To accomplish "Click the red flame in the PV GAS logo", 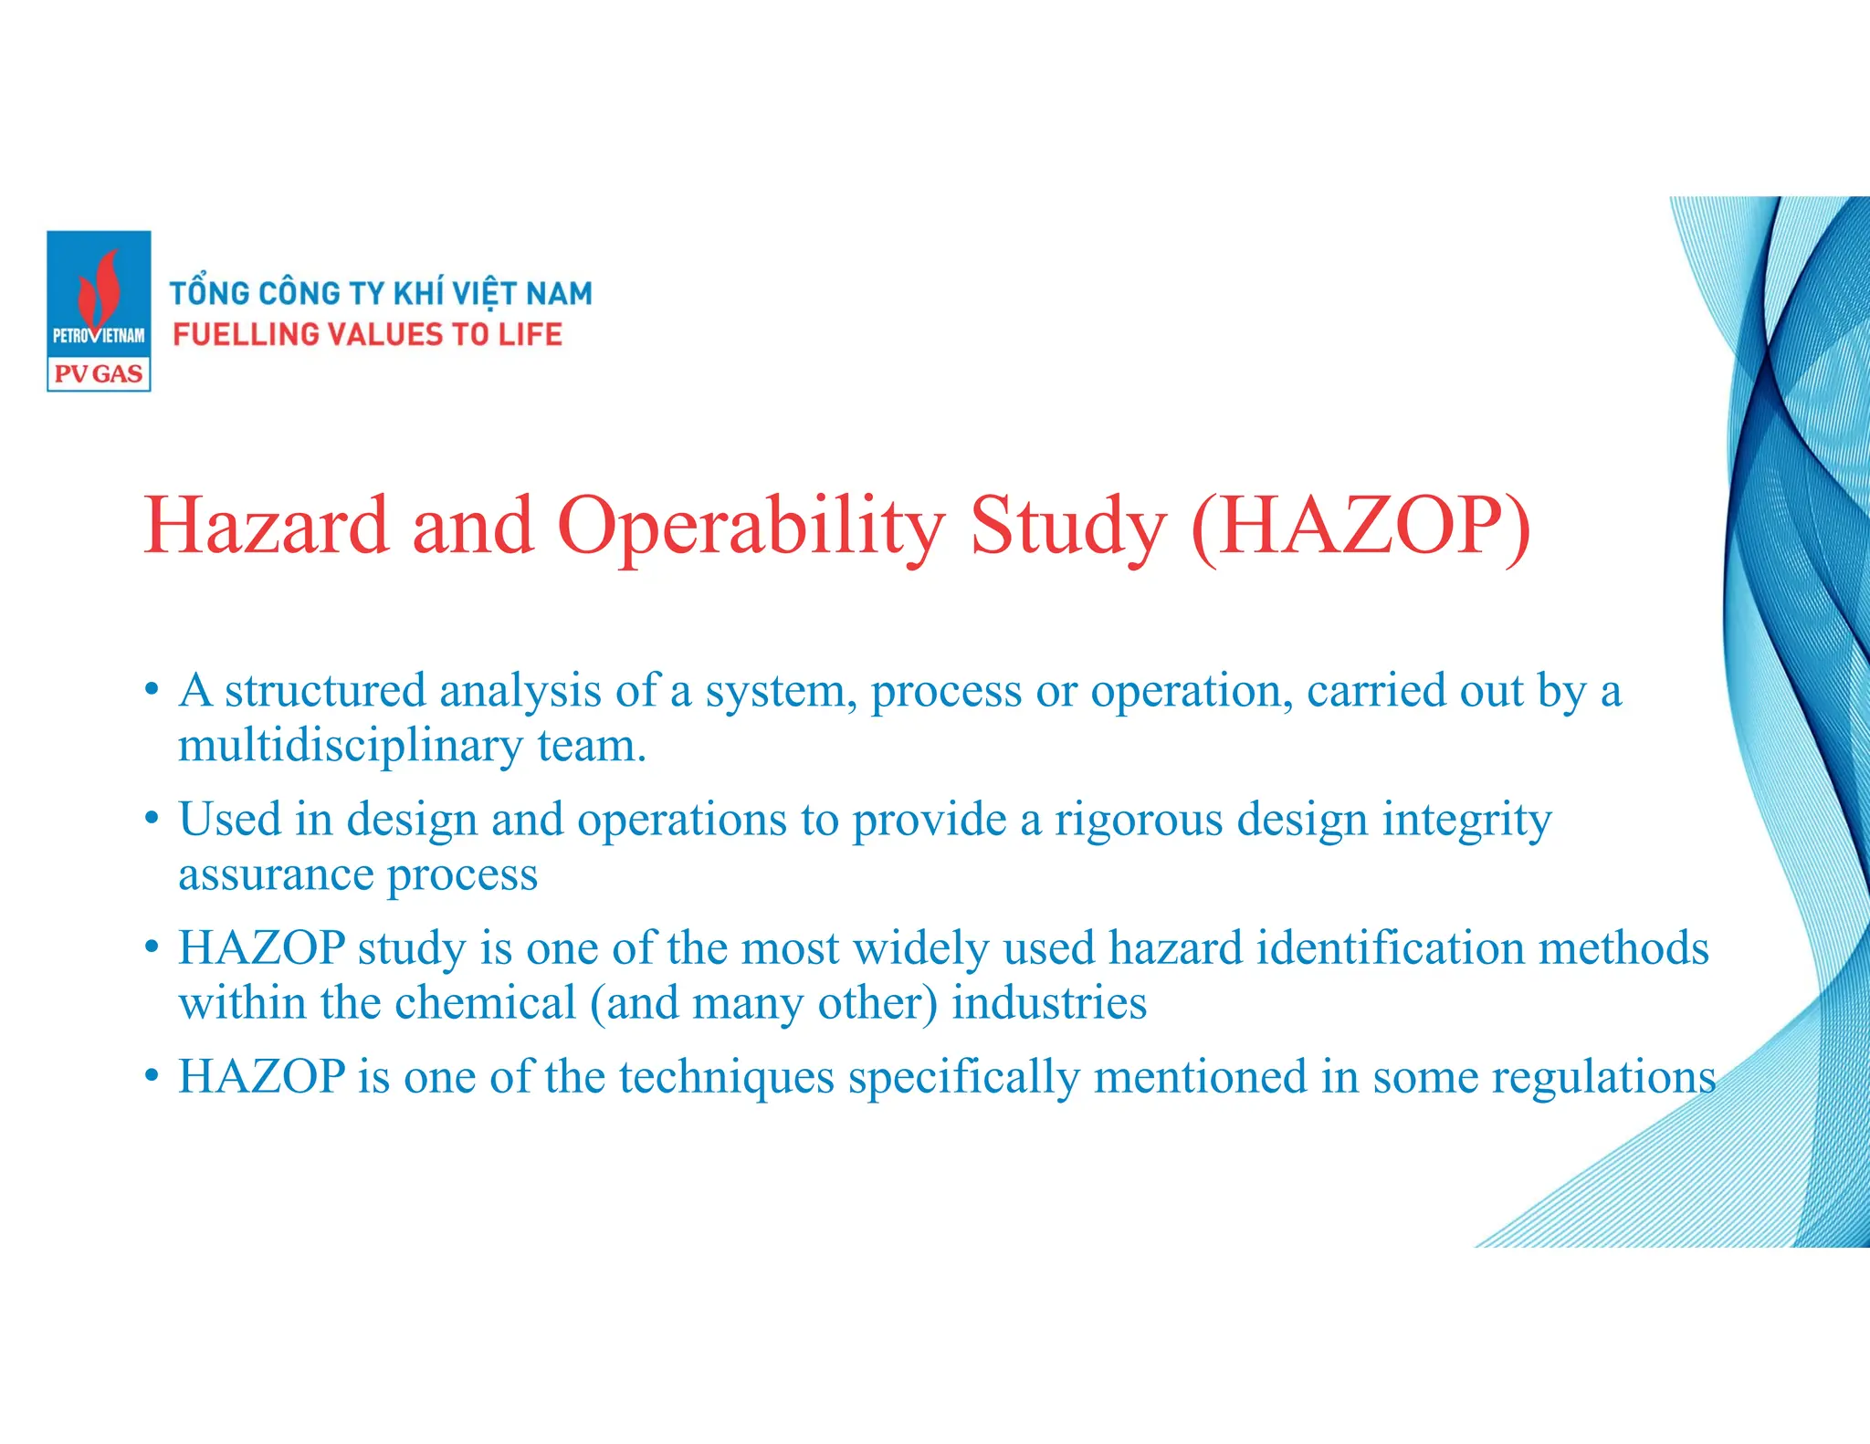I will pyautogui.click(x=100, y=288).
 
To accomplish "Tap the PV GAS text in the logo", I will pyautogui.click(x=99, y=373).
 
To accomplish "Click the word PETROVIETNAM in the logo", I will pyautogui.click(x=99, y=335).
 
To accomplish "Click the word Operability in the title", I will pyautogui.click(x=751, y=528).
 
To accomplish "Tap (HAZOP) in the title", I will pyautogui.click(x=1360, y=528).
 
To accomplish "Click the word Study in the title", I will pyautogui.click(x=1067, y=528).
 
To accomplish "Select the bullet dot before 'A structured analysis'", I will pyautogui.click(x=152, y=689).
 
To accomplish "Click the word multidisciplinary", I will pyautogui.click(x=351, y=747).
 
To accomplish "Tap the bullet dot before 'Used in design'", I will pyautogui.click(x=152, y=818).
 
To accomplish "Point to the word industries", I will pyautogui.click(x=1049, y=1003).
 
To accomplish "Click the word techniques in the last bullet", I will pyautogui.click(x=727, y=1077).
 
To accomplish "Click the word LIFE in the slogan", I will pyautogui.click(x=531, y=335).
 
